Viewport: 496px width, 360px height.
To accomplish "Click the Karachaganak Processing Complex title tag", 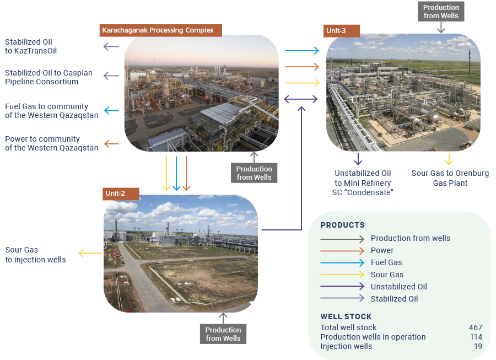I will coord(160,30).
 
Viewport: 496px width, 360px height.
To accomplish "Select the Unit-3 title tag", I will coord(341,30).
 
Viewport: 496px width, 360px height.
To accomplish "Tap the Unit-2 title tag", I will coord(121,194).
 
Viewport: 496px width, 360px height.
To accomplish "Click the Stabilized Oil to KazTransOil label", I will coord(31,46).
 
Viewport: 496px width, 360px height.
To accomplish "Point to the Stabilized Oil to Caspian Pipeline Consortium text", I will coord(48,77).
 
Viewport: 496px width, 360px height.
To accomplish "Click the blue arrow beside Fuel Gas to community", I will coord(111,111).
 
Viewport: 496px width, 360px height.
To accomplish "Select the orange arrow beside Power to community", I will coord(111,144).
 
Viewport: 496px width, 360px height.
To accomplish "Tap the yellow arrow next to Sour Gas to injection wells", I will coord(89,254).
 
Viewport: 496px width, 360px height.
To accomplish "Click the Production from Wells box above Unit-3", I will coord(441,12).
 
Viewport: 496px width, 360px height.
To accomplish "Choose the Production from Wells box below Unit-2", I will coord(223,334).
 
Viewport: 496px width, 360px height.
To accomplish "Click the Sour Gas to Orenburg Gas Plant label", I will coord(450,178).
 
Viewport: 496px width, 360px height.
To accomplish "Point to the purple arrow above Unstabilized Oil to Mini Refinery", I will coord(358,159).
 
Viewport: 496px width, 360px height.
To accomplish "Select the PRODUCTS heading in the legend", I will coord(342,225).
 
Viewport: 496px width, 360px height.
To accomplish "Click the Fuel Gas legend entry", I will coord(386,262).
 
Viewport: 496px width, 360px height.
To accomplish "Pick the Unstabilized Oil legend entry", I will coord(398,287).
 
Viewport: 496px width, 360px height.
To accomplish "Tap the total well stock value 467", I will coord(475,327).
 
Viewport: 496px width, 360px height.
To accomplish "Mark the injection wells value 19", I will coord(477,346).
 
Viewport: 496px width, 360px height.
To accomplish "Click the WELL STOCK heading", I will coord(346,316).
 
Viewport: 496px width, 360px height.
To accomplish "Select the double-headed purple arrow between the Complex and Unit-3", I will coord(300,99).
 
